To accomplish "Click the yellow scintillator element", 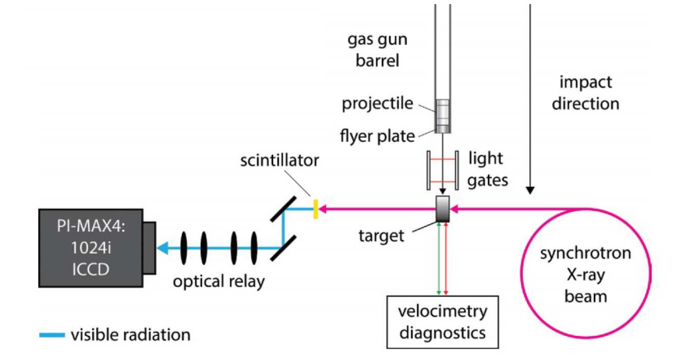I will (x=314, y=209).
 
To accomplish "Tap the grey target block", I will (x=442, y=209).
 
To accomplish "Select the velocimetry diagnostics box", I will (x=443, y=321).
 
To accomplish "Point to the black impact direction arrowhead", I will (x=530, y=189).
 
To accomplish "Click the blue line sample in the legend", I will (x=51, y=336).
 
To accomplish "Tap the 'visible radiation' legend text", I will (x=131, y=335).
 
